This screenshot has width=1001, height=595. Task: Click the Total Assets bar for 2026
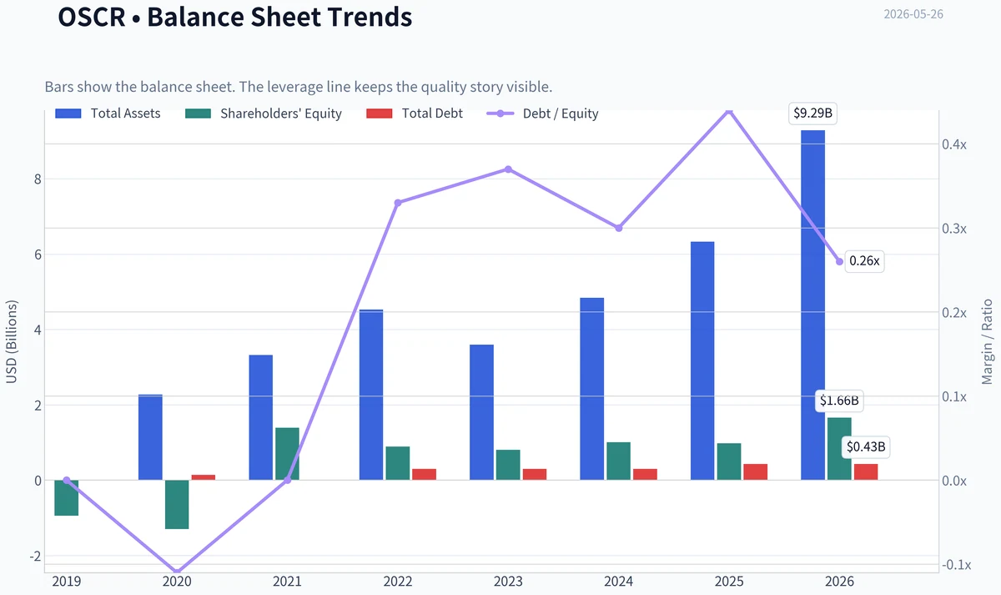[x=812, y=305]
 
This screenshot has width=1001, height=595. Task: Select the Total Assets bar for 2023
[x=481, y=412]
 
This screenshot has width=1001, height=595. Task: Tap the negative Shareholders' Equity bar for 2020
[x=177, y=505]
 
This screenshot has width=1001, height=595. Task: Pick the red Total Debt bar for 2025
[x=755, y=472]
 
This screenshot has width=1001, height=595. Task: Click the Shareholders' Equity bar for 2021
[x=287, y=454]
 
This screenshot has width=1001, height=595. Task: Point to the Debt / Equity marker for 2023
[x=508, y=169]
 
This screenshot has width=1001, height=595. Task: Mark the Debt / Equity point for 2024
[x=619, y=228]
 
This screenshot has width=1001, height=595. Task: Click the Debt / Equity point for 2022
[x=398, y=203]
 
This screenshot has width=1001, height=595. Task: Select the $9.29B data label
[x=812, y=113]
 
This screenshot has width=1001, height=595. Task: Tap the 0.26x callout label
[x=864, y=261]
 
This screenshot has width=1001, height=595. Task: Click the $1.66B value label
[x=839, y=401]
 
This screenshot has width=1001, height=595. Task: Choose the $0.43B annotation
[x=866, y=446]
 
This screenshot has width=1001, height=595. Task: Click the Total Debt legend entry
[x=415, y=113]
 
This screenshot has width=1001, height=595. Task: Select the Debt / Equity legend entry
[x=542, y=113]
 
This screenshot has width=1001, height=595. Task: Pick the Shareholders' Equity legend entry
[x=264, y=113]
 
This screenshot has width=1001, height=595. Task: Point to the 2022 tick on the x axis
[x=398, y=582]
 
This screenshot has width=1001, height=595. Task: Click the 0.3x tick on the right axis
[x=954, y=229]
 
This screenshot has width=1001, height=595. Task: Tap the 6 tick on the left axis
[x=38, y=255]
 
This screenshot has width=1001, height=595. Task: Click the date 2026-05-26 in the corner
[x=913, y=14]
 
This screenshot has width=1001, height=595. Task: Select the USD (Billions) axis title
[x=11, y=342]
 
